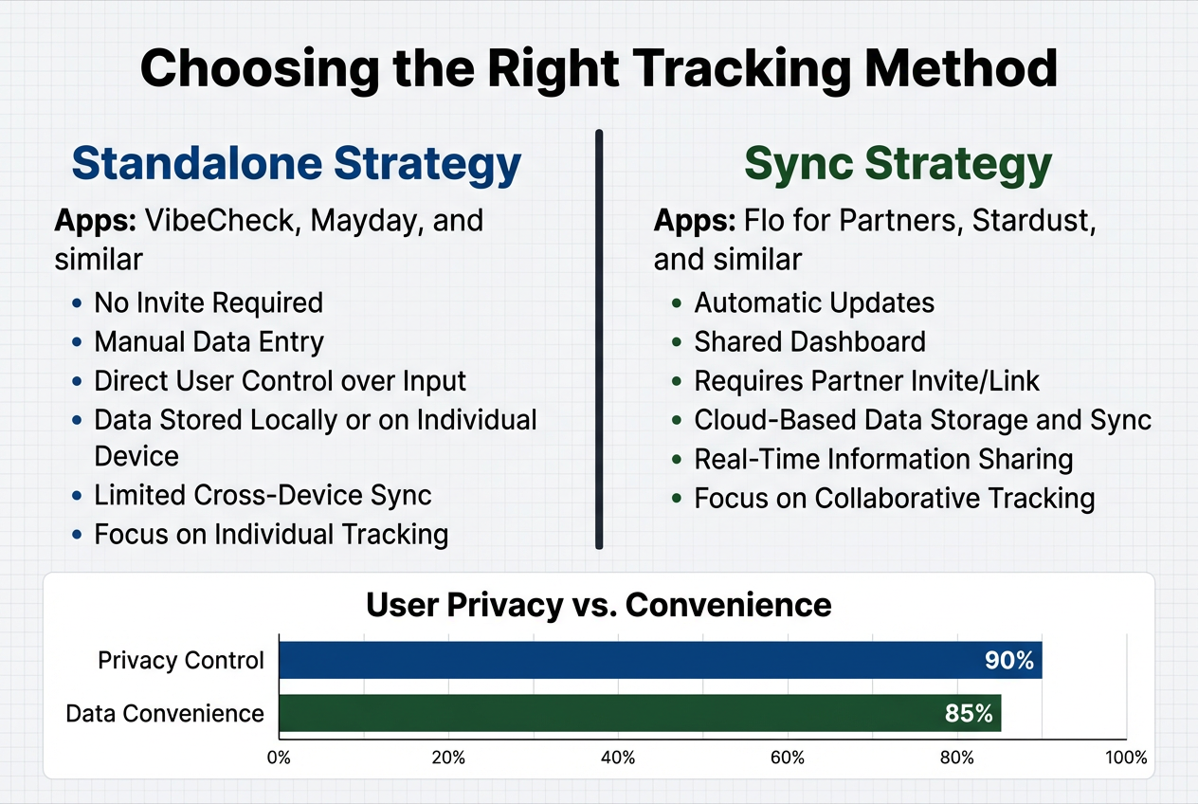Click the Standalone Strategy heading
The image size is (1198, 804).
point(297,163)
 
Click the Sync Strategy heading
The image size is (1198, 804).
point(898,163)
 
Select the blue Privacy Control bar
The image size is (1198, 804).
point(660,660)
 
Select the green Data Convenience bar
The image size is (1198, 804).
point(639,713)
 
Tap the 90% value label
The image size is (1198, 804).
point(1008,660)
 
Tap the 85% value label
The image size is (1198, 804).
point(969,713)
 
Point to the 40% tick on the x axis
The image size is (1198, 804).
point(618,758)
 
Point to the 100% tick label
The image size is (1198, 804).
point(1125,758)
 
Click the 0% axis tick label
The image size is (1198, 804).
point(279,758)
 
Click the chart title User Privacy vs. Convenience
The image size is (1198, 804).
point(598,604)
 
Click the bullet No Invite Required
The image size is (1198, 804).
point(209,302)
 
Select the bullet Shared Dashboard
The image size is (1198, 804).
point(809,341)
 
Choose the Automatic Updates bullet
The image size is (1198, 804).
point(814,302)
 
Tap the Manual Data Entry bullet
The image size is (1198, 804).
point(209,341)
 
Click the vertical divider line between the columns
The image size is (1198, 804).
point(599,338)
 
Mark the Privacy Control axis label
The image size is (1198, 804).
point(181,660)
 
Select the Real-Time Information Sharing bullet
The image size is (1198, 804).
point(883,459)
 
